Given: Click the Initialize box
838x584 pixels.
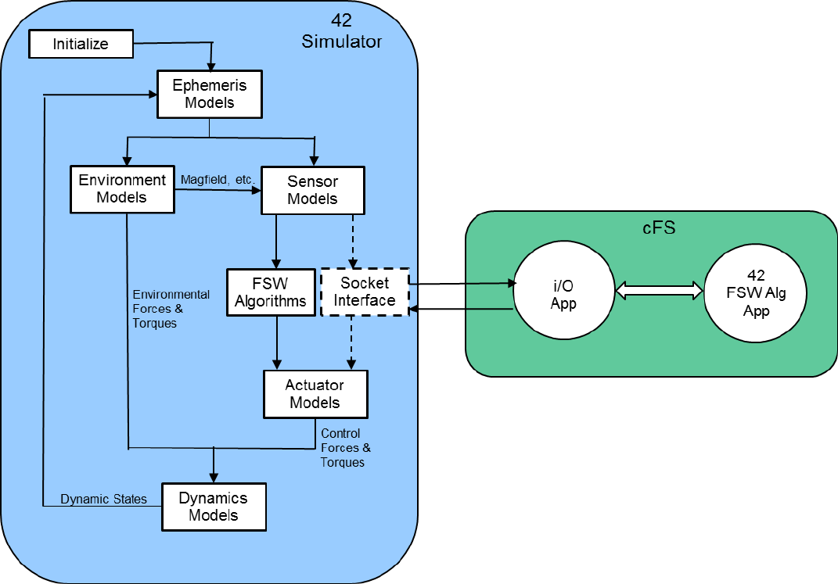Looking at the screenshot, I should (81, 44).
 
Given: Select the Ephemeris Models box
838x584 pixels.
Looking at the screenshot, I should (209, 94).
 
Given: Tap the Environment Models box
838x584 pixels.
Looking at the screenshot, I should (122, 189).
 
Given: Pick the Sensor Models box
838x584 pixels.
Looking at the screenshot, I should (312, 190).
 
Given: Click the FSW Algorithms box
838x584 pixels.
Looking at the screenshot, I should (270, 292).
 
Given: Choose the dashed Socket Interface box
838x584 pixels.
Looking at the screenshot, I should (365, 292).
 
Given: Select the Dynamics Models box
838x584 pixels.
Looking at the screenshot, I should (214, 507).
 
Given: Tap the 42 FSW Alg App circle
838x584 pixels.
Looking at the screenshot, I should (756, 294).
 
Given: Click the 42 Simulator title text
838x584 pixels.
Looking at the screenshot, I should (342, 32).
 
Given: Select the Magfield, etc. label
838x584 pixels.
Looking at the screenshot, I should (218, 179).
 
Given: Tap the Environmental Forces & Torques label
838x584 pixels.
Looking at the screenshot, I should (171, 309).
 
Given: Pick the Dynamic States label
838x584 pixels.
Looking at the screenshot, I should (103, 499).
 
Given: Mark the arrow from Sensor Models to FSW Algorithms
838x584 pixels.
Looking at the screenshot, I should (275, 241).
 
